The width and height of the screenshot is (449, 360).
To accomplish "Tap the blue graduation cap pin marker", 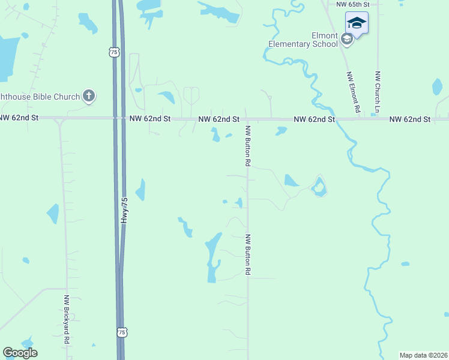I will pyautogui.click(x=357, y=24).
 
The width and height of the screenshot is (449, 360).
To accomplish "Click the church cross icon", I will pyautogui.click(x=89, y=95).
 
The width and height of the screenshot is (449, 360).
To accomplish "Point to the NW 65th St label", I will pyautogui.click(x=352, y=4).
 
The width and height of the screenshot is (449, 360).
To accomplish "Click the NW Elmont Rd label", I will pyautogui.click(x=352, y=93).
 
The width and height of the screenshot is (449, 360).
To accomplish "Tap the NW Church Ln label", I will pyautogui.click(x=378, y=92).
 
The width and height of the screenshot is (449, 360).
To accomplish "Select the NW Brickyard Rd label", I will pyautogui.click(x=67, y=319).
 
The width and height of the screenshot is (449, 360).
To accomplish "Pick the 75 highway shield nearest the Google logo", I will pyautogui.click(x=122, y=332).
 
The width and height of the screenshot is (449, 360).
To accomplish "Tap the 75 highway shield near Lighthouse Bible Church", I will pyautogui.click(x=115, y=53).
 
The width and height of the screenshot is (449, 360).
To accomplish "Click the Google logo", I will pyautogui.click(x=20, y=353).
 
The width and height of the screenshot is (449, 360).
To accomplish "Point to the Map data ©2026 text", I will pyautogui.click(x=423, y=355).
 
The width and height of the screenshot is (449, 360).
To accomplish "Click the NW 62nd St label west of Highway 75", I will pyautogui.click(x=19, y=118).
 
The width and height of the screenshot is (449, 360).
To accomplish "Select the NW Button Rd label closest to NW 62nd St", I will pyautogui.click(x=247, y=145).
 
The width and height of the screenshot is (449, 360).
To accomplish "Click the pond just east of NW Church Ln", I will pyautogui.click(x=437, y=87).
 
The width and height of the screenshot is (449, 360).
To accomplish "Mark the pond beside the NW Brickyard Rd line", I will pyautogui.click(x=53, y=214).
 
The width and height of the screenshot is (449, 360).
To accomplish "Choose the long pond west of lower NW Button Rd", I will pyautogui.click(x=212, y=255).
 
